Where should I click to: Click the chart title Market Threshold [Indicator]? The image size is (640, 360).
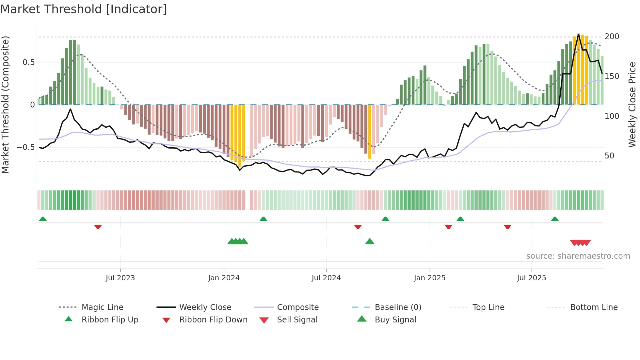(x=84, y=9)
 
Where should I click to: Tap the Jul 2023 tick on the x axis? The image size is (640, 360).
(x=120, y=278)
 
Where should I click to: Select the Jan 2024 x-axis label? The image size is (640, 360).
(x=224, y=278)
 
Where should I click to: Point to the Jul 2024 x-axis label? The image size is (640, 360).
(x=326, y=278)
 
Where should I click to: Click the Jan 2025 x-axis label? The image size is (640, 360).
(x=429, y=278)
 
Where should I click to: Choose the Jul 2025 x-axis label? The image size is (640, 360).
(x=531, y=278)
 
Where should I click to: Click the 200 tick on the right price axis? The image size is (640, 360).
(x=612, y=37)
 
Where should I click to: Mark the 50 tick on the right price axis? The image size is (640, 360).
(x=609, y=156)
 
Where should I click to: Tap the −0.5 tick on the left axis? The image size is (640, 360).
(x=26, y=147)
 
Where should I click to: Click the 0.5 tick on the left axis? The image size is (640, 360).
(x=28, y=62)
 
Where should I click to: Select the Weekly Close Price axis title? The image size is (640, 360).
(x=632, y=105)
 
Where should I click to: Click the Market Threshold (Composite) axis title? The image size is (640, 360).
(x=5, y=105)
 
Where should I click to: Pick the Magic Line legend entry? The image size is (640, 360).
(x=102, y=307)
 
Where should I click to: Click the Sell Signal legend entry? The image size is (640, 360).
(x=297, y=320)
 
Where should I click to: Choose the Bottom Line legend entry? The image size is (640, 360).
(x=594, y=307)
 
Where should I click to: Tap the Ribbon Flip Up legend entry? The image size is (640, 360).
(x=110, y=320)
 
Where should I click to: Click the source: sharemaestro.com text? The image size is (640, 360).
(x=578, y=256)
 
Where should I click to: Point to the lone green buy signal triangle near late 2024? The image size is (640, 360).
(x=370, y=241)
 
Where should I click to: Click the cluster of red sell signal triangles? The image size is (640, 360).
(x=580, y=243)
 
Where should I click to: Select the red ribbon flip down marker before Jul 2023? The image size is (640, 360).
(x=98, y=227)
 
